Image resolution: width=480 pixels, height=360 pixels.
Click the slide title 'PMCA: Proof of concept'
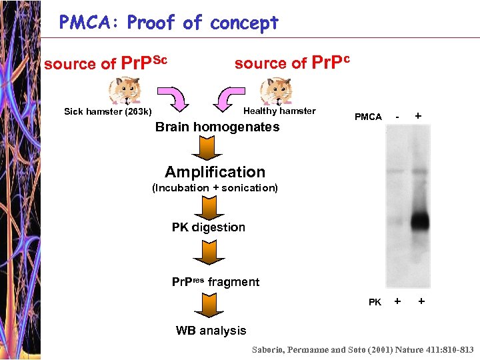169,23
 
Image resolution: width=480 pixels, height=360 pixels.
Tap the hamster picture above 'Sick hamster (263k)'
124,91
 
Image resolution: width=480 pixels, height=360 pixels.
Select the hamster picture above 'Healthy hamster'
274,91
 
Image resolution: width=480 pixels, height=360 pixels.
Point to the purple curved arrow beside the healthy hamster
228,99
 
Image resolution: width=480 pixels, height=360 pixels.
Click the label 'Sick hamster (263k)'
107,111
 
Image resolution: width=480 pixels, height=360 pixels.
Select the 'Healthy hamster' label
279,111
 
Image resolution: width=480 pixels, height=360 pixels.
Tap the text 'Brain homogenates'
217,127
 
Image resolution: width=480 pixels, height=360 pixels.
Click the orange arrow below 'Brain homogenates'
210,147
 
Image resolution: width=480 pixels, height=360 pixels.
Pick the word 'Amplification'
215,172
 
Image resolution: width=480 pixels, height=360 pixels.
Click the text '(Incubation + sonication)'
215,188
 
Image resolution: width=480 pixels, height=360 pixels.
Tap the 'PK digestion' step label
209,227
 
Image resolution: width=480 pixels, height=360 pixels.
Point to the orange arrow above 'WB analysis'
210,305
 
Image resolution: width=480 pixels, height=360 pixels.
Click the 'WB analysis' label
211,331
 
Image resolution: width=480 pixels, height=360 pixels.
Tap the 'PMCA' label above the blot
368,117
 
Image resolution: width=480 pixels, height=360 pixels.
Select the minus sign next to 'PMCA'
397,117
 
